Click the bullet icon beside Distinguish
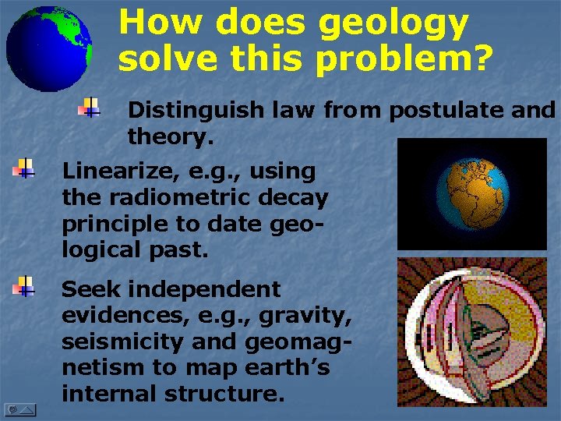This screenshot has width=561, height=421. (90, 108)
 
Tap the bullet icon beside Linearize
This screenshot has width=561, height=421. (24, 168)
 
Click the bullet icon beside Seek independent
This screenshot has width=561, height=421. (24, 287)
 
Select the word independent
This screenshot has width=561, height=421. (205, 289)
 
